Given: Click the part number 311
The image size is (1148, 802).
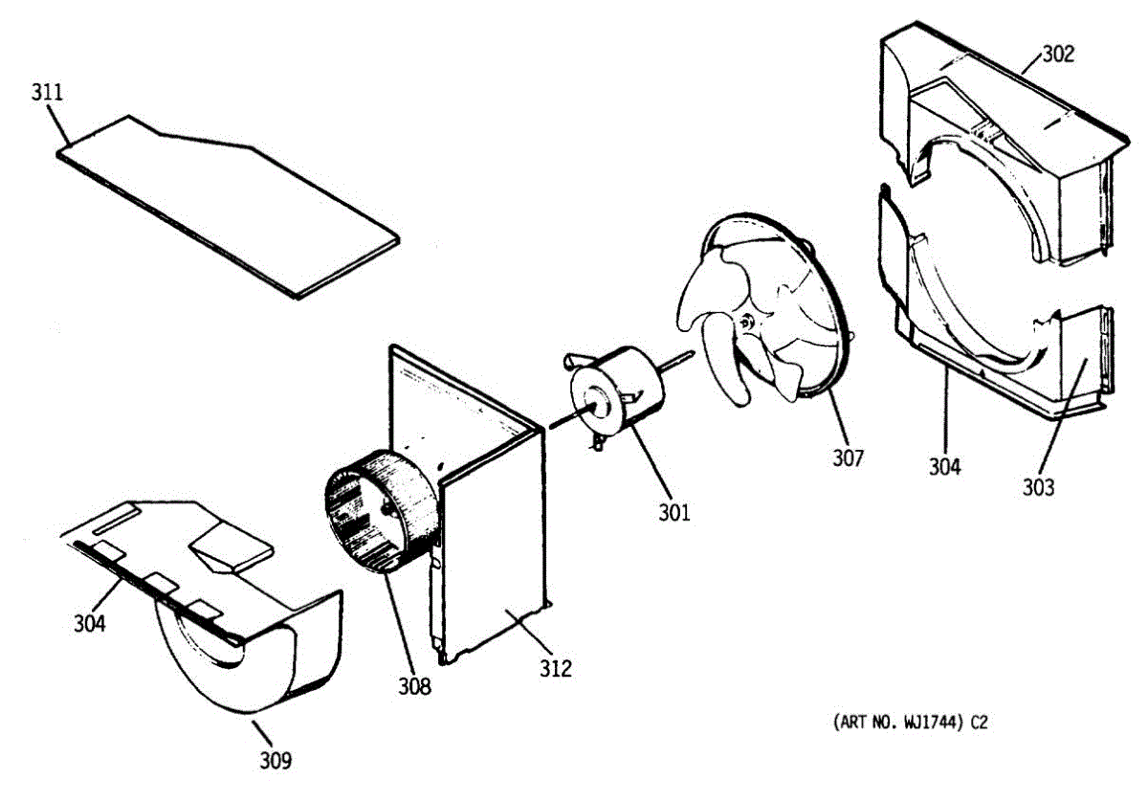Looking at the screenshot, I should tap(47, 93).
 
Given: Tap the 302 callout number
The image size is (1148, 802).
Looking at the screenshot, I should tap(1057, 54).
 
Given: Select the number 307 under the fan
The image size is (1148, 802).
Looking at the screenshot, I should tap(848, 458).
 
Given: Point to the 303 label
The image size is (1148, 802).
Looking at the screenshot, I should tap(1037, 487).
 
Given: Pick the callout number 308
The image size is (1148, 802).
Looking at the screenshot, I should tap(415, 685).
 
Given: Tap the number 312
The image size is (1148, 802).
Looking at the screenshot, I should tap(555, 669).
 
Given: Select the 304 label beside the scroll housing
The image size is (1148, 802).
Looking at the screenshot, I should tap(90, 623).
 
